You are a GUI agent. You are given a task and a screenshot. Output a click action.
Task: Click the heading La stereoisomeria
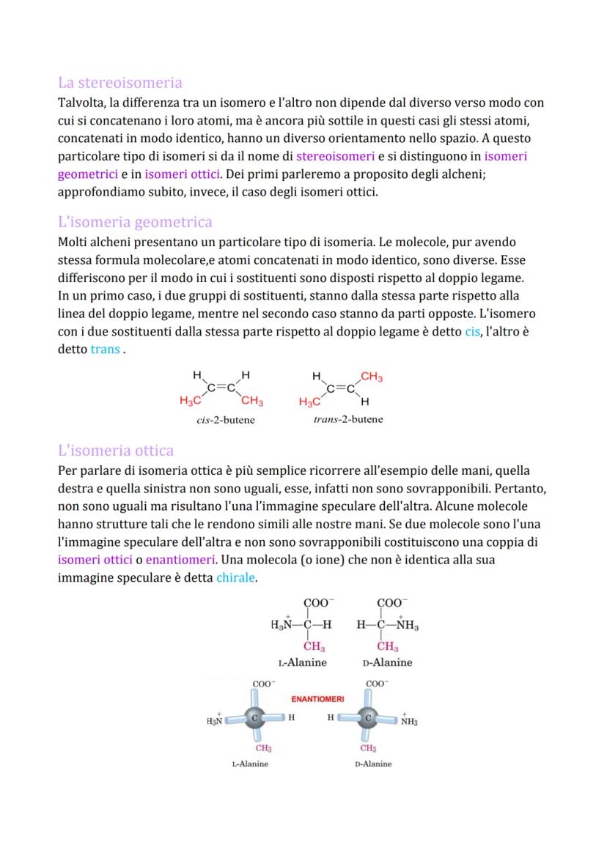[119, 82]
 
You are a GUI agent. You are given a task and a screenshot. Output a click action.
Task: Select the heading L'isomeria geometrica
[135, 222]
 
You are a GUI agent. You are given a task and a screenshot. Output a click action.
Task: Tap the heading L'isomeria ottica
[116, 451]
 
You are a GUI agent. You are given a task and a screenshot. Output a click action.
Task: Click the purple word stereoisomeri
[335, 156]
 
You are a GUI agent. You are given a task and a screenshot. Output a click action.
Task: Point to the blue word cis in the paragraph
[472, 332]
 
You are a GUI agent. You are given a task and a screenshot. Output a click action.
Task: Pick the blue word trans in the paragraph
[106, 350]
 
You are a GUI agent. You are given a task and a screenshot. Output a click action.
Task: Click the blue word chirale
[235, 577]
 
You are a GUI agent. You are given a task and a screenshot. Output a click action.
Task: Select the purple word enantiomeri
[180, 560]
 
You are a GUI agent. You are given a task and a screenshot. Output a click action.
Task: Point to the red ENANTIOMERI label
[317, 699]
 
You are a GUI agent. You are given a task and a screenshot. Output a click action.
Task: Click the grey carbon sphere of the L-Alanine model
[255, 718]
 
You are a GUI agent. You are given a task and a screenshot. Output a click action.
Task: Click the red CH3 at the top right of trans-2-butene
[371, 377]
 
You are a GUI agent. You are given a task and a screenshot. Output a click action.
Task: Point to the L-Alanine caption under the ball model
[250, 764]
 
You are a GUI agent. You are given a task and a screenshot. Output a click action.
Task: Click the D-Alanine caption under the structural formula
[387, 662]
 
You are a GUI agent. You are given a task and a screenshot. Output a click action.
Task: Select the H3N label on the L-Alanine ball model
[215, 721]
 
